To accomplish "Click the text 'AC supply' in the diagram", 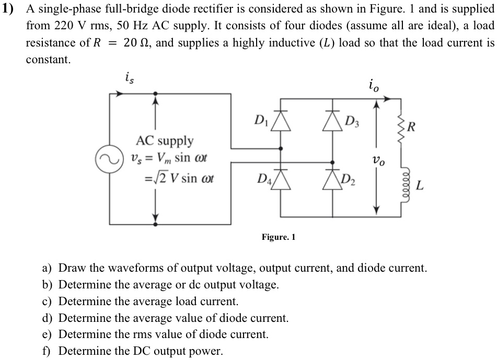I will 165,141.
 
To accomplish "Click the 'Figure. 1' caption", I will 279,237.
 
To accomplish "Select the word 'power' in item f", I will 207,351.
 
